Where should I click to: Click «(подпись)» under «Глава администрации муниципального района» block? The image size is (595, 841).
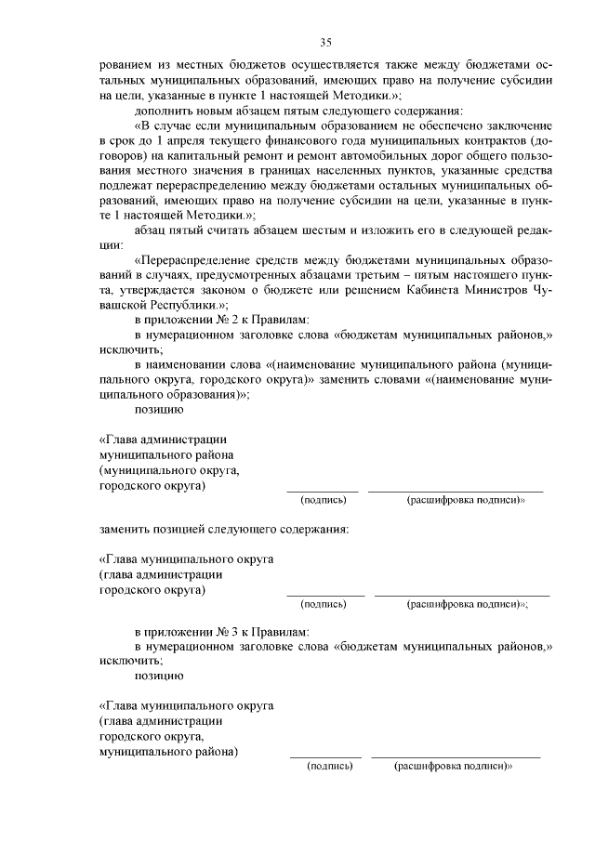(324, 500)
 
